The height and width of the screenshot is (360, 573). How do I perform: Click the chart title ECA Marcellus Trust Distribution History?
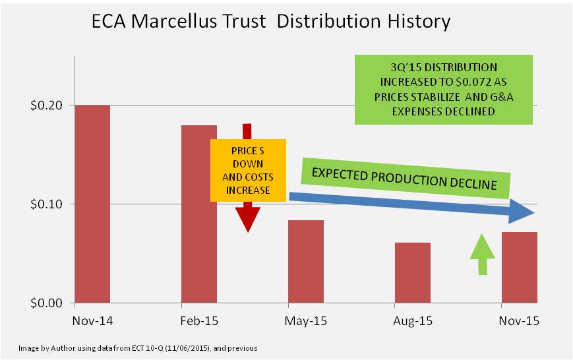270,21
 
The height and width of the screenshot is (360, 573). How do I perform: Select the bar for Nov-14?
93,204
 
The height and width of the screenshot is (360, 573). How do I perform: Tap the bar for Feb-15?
198,214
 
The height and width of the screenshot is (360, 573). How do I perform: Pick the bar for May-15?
306,262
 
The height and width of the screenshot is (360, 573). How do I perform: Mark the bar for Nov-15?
520,268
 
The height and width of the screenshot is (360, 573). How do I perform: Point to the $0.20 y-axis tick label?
49,105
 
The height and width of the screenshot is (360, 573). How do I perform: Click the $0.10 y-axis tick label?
49,204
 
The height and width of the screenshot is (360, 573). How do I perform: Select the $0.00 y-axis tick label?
49,303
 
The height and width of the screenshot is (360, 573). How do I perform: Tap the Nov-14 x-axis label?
93,321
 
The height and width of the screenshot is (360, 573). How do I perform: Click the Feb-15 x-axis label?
199,321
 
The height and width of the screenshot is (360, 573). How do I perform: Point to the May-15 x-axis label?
306,321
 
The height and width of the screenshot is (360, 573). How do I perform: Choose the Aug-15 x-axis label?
413,321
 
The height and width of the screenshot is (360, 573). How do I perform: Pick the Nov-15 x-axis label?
520,321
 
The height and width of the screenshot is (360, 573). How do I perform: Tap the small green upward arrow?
482,253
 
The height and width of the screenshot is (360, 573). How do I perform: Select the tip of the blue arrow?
531,213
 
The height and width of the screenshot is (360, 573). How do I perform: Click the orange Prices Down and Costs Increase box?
248,170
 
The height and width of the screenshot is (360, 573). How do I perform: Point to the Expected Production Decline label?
404,179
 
